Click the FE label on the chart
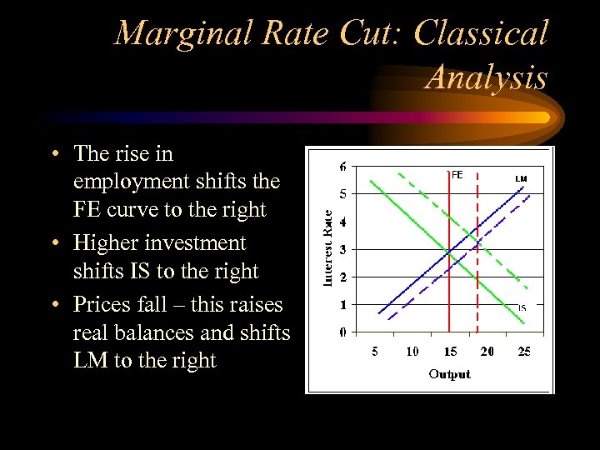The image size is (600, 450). coord(457,175)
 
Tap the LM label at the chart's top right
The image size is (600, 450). coord(521,178)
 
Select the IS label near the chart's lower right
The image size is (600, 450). coord(522,307)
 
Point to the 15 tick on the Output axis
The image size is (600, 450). coord(450,352)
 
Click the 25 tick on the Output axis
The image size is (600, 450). coord(523,352)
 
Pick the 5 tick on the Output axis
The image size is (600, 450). coord(375,352)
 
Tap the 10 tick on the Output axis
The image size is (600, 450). coord(412,352)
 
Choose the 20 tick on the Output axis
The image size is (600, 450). coord(487,352)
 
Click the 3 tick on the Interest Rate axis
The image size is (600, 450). coord(343,249)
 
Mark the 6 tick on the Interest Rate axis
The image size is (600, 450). coord(343,167)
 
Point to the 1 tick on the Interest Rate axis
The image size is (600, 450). coord(343,305)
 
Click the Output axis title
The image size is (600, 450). coord(449,374)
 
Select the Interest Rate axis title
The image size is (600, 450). coord(327,247)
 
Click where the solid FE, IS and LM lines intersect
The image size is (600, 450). coord(449,250)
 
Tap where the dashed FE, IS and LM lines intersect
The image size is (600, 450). coord(477,242)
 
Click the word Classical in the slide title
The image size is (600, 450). coord(481,33)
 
